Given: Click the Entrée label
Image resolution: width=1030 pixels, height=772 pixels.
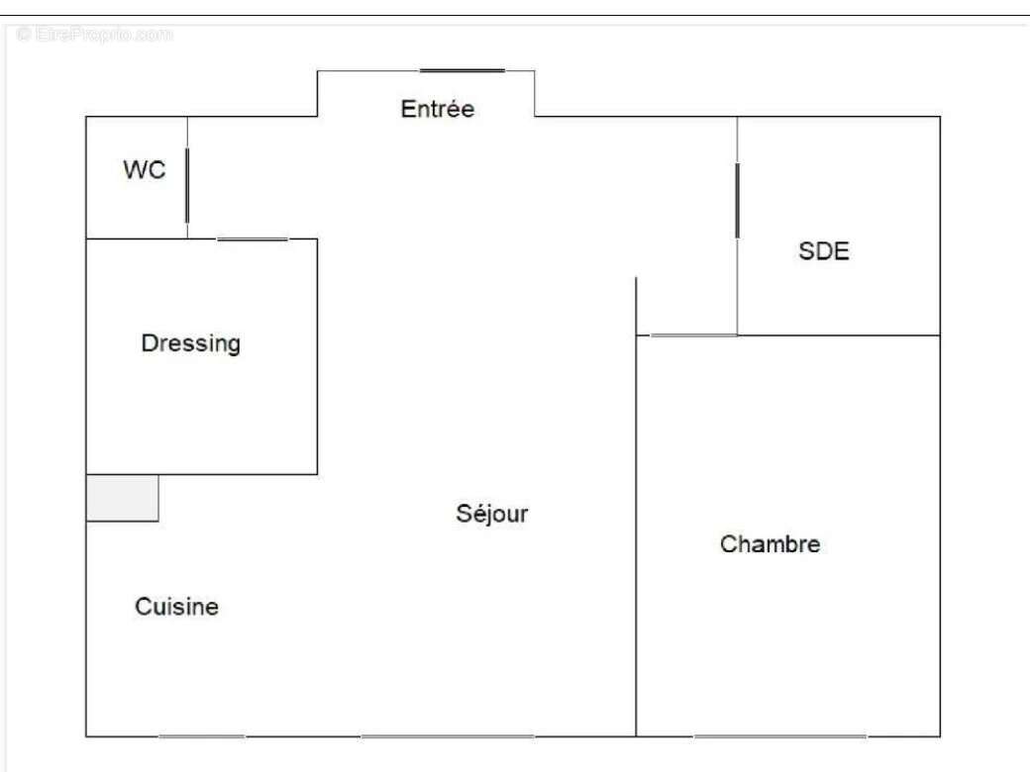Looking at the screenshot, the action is pyautogui.click(x=438, y=108).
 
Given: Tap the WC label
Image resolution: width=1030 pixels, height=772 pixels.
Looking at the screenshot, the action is pyautogui.click(x=145, y=169).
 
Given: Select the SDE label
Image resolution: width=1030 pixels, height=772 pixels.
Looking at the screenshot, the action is pyautogui.click(x=824, y=250).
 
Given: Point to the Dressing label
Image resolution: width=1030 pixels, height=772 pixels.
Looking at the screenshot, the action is pyautogui.click(x=190, y=343).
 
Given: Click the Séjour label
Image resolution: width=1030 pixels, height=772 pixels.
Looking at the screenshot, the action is pyautogui.click(x=492, y=514).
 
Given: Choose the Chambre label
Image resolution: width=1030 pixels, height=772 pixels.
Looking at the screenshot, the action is pyautogui.click(x=770, y=543).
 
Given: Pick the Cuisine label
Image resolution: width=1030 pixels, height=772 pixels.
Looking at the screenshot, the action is pyautogui.click(x=176, y=606).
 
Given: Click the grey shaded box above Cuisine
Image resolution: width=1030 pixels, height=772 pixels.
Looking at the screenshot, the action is pyautogui.click(x=123, y=498).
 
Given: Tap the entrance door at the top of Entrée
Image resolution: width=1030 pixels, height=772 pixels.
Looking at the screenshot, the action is pyautogui.click(x=463, y=70).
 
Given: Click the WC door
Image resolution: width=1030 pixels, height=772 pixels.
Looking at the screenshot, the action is pyautogui.click(x=187, y=186).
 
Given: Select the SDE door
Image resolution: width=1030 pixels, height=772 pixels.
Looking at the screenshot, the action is pyautogui.click(x=737, y=200).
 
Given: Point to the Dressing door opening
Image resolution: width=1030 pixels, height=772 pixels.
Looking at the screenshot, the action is pyautogui.click(x=253, y=239).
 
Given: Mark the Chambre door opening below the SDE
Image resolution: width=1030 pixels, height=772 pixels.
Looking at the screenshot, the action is pyautogui.click(x=693, y=336).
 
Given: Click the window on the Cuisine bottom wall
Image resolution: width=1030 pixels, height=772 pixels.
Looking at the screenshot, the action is pyautogui.click(x=202, y=736).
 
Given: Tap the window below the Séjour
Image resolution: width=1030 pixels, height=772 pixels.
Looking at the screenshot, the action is pyautogui.click(x=448, y=736).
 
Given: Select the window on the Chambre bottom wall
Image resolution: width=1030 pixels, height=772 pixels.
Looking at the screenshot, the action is pyautogui.click(x=780, y=736).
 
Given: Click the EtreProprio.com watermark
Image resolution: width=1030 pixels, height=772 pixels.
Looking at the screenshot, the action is pyautogui.click(x=95, y=34).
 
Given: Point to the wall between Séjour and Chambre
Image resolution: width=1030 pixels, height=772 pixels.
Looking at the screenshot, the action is pyautogui.click(x=636, y=507).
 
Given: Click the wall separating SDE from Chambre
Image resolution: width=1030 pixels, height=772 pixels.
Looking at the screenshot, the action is pyautogui.click(x=838, y=336).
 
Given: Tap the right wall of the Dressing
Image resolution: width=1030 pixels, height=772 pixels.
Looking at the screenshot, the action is pyautogui.click(x=317, y=356).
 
